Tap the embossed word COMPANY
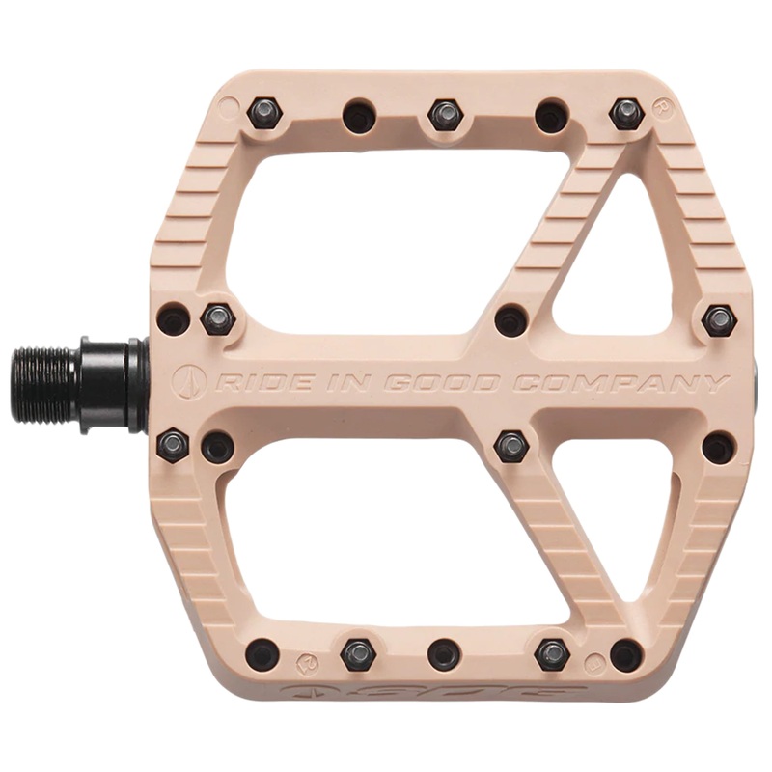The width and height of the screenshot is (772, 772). pos(619,383)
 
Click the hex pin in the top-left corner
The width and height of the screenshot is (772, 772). pos(262,114)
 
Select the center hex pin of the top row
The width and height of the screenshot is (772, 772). pos(444,114)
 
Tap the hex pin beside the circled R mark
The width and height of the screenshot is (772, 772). pos(626,114)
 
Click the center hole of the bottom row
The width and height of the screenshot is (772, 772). pos(444,653)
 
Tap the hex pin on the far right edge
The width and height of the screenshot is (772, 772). pos(719,319)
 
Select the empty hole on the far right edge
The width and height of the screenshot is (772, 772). pos(718,447)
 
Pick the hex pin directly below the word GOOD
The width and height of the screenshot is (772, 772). pos(510,446)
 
